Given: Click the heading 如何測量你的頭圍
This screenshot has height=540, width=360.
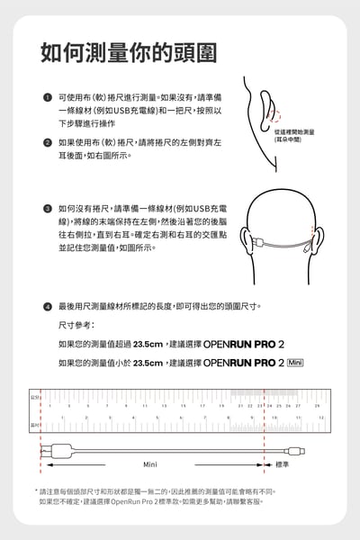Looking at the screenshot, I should [128, 52].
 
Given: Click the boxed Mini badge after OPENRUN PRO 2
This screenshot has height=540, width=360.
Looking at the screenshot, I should [297, 363].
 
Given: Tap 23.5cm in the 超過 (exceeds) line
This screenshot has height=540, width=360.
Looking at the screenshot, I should [148, 344].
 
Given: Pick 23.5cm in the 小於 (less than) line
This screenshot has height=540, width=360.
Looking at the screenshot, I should [148, 363].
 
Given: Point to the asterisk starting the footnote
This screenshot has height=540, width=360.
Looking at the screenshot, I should [37, 490].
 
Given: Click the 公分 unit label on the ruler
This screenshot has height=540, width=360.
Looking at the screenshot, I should [33, 395].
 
